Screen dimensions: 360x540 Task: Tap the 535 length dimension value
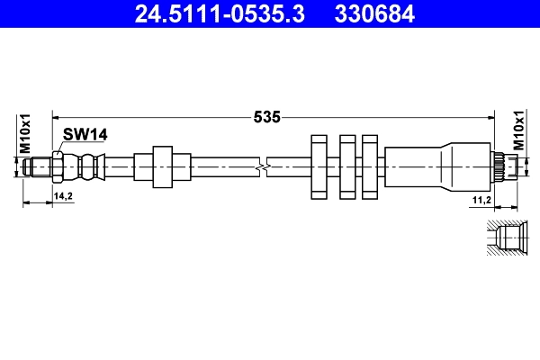pyautogui.click(x=267, y=116)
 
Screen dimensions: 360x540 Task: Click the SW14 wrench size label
pyautogui.click(x=85, y=134)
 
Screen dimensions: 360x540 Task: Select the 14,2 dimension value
pyautogui.click(x=63, y=195)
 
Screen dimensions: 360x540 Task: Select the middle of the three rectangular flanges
pyautogui.click(x=346, y=167)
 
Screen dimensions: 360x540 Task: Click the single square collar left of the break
pyautogui.click(x=162, y=166)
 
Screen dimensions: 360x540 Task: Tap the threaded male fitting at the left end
pyautogui.click(x=38, y=166)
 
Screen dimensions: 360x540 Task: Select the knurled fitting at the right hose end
pyautogui.click(x=500, y=167)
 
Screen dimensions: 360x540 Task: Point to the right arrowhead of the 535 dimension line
pyautogui.click(x=490, y=116)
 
